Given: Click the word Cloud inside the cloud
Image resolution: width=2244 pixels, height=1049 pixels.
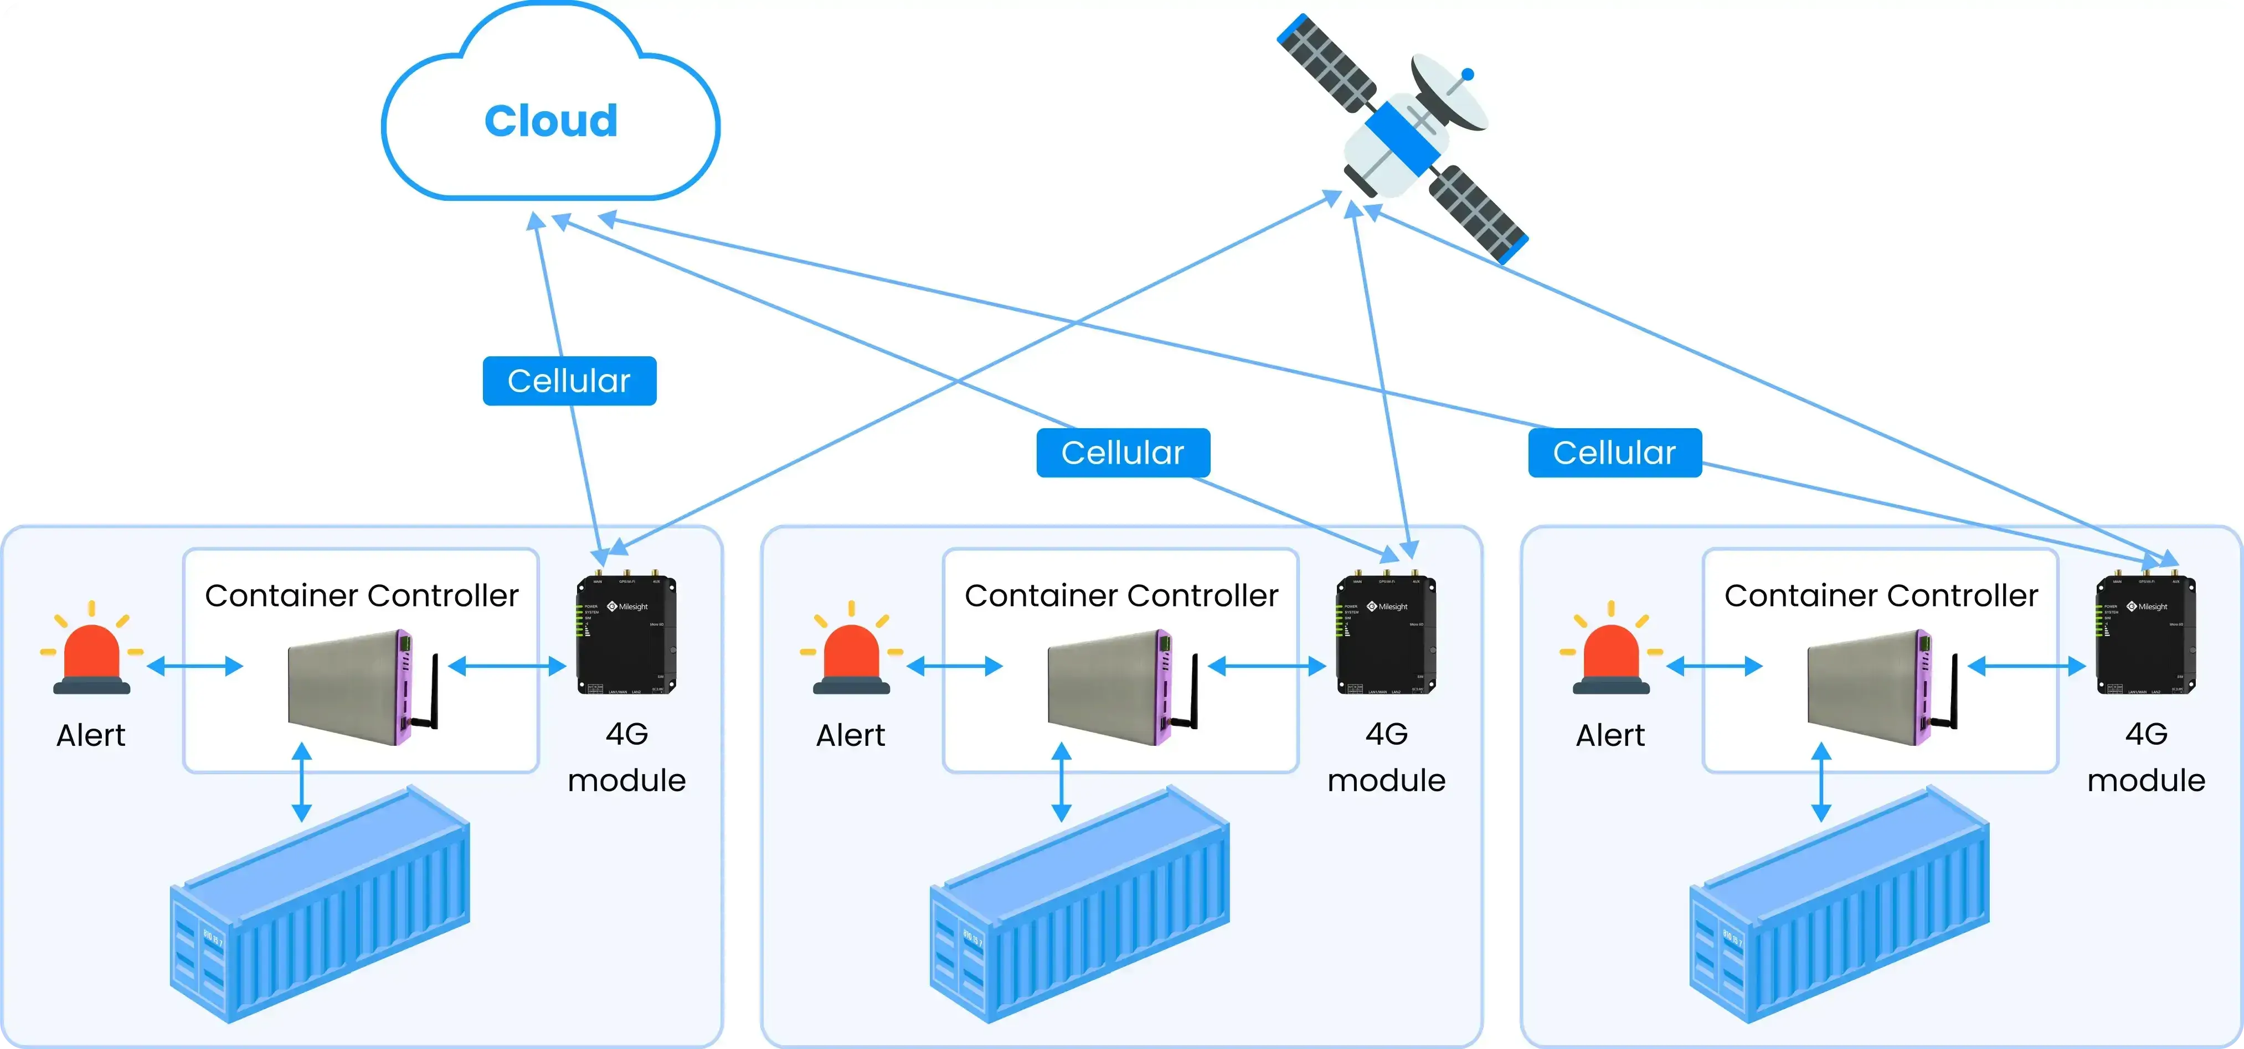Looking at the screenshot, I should point(550,121).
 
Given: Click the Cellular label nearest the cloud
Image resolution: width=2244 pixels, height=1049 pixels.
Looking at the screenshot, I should point(569,381).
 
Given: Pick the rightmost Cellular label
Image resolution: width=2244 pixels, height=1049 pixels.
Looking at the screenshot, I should point(1614,453).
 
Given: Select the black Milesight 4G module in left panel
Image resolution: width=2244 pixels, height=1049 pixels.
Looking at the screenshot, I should point(626,636).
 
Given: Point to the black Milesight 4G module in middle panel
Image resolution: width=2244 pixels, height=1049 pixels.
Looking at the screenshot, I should point(1386,636).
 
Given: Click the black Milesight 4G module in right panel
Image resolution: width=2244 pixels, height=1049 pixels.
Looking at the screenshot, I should point(2145,636).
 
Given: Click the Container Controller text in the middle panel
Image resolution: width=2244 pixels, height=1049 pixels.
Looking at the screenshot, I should point(1121,595).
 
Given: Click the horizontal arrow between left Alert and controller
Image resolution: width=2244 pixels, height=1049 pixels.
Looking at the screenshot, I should point(194,667).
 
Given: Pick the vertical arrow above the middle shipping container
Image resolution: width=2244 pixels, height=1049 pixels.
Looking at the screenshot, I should point(1061,782).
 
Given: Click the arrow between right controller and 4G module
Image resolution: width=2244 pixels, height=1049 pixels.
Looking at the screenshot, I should point(2026,667).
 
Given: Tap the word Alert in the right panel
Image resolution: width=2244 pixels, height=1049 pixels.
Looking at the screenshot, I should point(1610,736).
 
